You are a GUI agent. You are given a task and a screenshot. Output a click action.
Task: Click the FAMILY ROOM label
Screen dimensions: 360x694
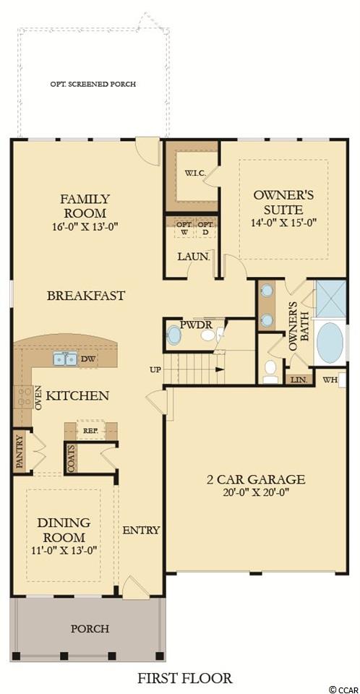pos(85,205)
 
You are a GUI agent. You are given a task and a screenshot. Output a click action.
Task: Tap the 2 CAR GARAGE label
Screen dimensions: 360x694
pos(256,479)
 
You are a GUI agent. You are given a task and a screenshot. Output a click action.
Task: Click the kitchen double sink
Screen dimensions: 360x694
pos(65,359)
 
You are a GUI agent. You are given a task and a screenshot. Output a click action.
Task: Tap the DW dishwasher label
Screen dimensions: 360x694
pos(87,359)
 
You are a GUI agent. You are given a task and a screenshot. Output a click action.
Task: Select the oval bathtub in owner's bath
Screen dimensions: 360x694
pos(330,343)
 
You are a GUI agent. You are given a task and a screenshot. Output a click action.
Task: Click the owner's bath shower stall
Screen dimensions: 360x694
pos(330,299)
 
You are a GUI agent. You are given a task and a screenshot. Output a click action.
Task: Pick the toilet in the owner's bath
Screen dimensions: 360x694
pos(270,371)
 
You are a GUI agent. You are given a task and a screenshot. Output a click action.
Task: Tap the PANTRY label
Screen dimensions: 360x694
pos(20,451)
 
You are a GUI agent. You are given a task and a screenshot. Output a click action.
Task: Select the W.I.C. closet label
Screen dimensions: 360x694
pos(194,173)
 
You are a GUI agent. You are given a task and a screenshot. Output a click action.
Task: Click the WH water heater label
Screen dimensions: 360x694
pos(329,380)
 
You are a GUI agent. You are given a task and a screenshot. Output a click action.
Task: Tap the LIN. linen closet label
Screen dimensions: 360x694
pos(296,380)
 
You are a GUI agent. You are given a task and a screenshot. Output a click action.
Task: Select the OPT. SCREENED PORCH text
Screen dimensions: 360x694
pos(93,84)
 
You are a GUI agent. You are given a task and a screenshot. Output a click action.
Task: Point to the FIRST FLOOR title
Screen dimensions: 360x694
pos(184,678)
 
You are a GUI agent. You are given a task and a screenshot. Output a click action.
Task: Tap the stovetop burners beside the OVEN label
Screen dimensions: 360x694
pos(24,397)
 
